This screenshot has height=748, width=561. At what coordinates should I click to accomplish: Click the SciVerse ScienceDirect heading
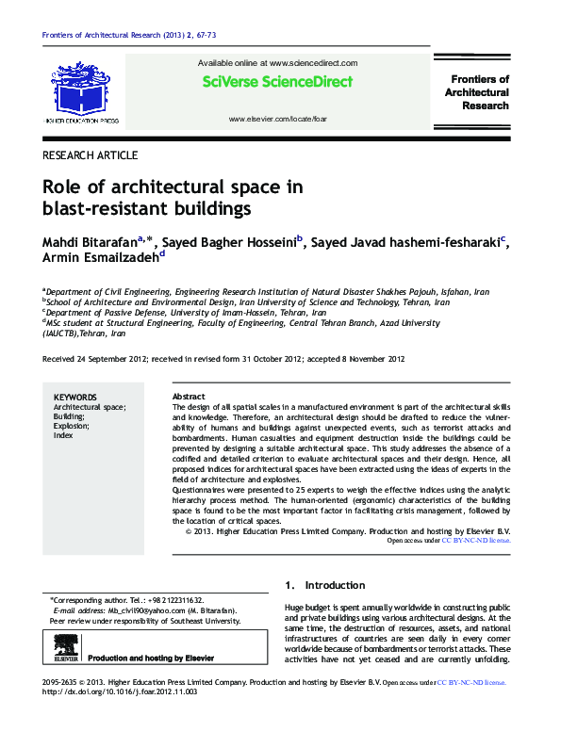pos(277,82)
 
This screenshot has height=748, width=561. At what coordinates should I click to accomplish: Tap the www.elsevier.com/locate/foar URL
pos(277,121)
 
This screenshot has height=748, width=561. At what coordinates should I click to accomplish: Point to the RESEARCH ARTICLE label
pos(91,154)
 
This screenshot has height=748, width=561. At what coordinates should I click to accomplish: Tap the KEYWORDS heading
pos(75,398)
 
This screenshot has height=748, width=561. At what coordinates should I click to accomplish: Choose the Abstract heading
pos(190,398)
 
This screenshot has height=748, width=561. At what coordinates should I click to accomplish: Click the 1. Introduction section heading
pos(324,585)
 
